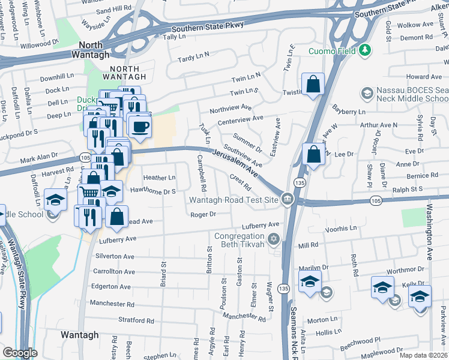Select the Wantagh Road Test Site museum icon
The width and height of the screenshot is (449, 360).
coord(288,199)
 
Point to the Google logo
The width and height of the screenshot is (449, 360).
coord(20,353)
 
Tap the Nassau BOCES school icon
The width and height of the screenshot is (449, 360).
coord(366,93)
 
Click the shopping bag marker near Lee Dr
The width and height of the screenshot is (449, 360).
coord(313,154)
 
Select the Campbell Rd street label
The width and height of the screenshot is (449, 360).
coord(200,169)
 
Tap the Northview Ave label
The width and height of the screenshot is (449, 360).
coord(230,108)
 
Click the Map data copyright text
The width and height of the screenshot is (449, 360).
coord(423,355)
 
